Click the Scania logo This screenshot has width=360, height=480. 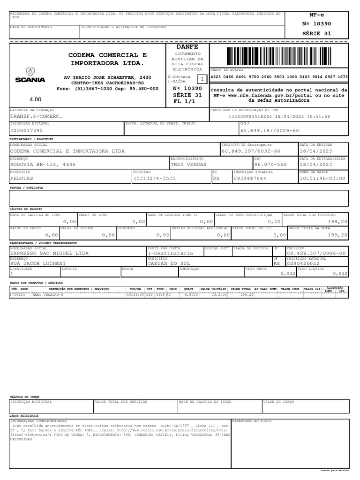point(30,76)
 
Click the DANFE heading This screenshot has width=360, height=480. point(187,47)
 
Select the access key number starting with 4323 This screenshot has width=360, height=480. point(279,77)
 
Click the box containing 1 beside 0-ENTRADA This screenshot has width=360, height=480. point(202,79)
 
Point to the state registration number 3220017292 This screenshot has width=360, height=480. point(26,131)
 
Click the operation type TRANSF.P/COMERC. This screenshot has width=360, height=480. point(36,116)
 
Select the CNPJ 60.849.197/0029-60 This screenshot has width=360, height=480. point(269,131)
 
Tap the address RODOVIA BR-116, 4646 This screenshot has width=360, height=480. point(43,165)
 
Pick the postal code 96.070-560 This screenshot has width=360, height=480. point(270,165)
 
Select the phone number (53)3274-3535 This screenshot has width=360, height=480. point(155,178)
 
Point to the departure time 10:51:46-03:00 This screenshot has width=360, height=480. point(322,178)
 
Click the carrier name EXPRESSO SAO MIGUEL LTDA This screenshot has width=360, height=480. point(49,253)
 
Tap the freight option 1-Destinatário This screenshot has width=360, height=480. point(170,253)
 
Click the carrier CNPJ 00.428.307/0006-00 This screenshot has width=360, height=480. point(316,253)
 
